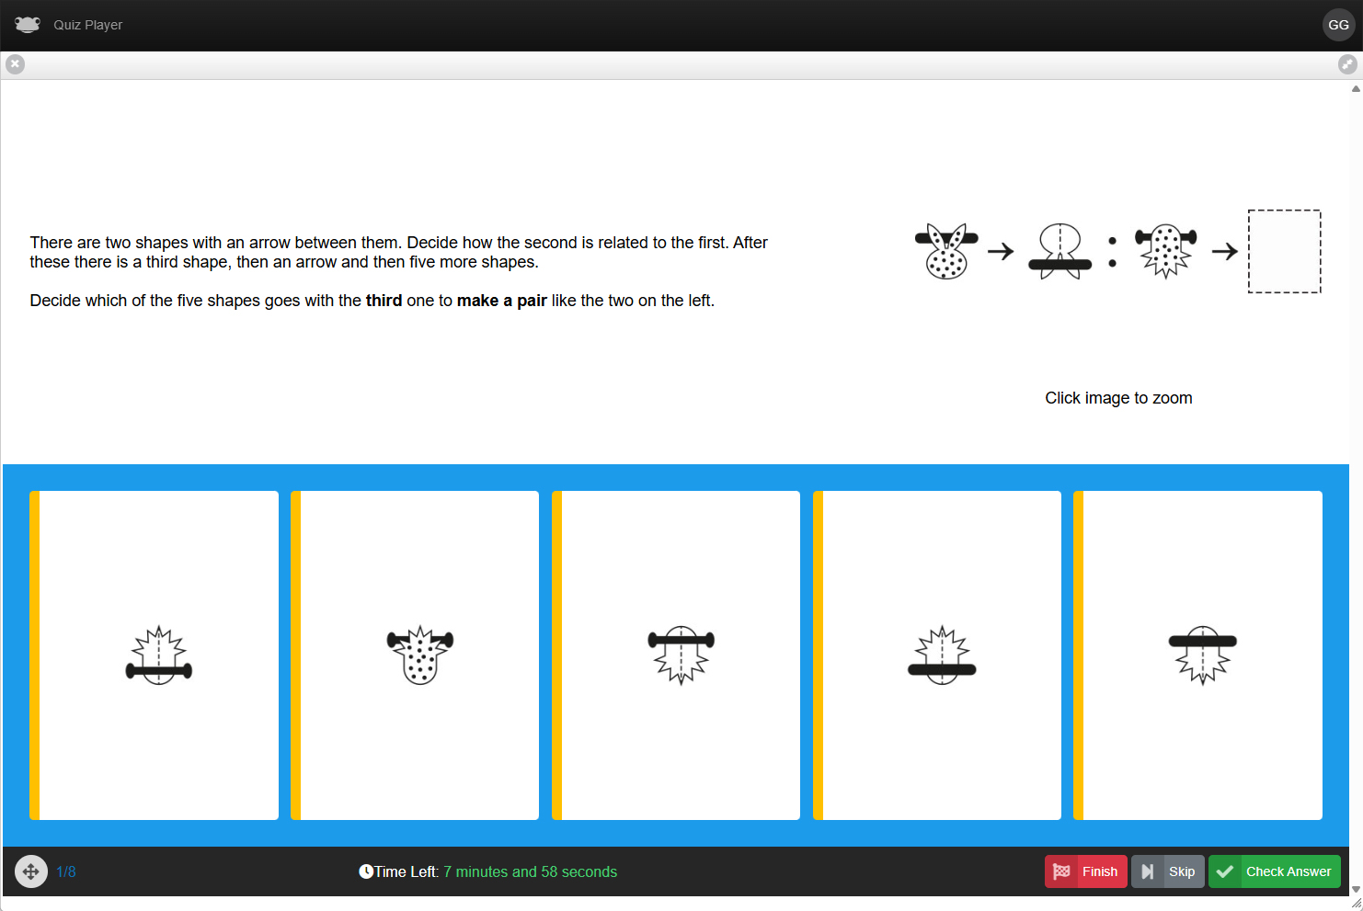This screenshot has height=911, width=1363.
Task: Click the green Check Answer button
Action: point(1274,871)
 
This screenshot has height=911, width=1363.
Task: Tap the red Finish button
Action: point(1085,871)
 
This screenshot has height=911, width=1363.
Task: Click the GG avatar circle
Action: point(1338,25)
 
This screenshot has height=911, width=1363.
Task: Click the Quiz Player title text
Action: point(87,25)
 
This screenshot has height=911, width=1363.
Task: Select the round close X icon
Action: point(16,63)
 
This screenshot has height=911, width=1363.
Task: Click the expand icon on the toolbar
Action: point(1347,63)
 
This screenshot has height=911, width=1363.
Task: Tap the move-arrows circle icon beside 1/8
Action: point(31,871)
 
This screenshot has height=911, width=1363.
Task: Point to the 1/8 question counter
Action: point(65,871)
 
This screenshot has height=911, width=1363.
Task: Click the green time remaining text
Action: point(530,871)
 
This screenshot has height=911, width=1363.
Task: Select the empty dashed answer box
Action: point(1284,251)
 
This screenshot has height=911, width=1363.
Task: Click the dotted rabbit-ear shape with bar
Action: point(946,251)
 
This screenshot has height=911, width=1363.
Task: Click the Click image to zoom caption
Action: point(1118,398)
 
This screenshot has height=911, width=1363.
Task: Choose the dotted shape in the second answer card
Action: point(420,655)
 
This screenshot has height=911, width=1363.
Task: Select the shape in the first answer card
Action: point(159,655)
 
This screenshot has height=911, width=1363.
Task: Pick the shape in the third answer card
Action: point(681,655)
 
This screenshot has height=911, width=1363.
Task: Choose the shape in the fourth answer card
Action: point(942,655)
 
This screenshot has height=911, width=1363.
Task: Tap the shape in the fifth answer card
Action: point(1202,655)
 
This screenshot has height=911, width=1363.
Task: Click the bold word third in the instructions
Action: point(384,301)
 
